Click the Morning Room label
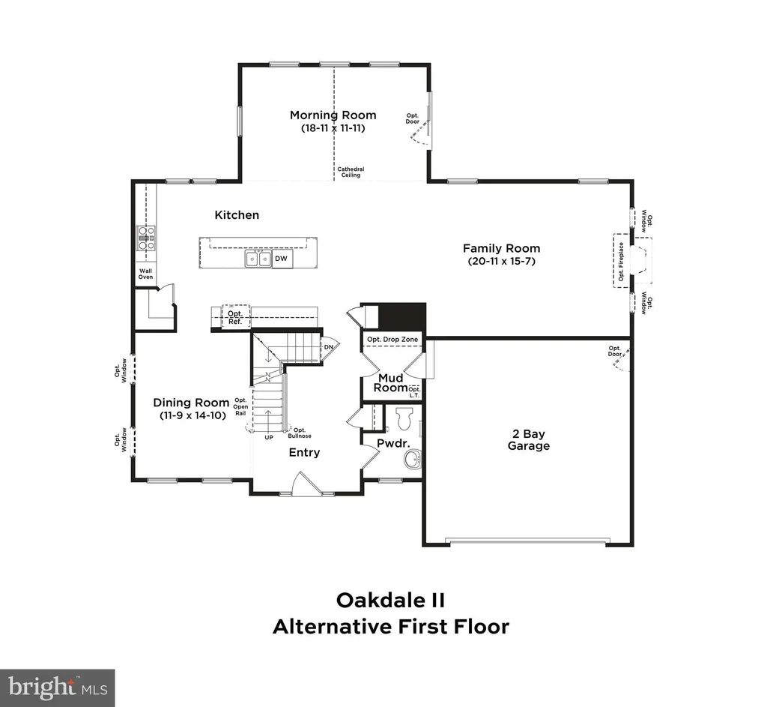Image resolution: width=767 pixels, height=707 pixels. point(333,115)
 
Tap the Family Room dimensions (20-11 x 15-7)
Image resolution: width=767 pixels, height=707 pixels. point(501,261)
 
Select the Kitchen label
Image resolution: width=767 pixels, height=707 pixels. point(237,215)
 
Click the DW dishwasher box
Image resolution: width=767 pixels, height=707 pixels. point(282,259)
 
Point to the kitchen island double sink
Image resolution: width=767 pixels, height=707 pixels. point(258,258)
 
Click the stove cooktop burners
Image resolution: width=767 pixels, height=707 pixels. point(146,238)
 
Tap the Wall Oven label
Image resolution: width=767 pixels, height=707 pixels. point(146,274)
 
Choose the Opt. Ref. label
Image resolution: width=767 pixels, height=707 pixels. point(235,317)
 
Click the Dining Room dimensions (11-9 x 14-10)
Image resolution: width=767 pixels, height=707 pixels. point(192,415)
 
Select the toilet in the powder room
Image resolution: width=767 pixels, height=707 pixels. point(404,418)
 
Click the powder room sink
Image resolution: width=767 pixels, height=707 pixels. point(412,460)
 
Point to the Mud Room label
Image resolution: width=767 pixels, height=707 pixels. point(391,383)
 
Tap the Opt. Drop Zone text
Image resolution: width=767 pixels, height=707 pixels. point(392,340)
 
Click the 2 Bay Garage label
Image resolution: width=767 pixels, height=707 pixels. point(529,439)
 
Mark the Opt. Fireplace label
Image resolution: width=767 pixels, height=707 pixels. point(621,262)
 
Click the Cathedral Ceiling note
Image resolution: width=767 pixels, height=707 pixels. point(351,172)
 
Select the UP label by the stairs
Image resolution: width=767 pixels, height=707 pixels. point(269,437)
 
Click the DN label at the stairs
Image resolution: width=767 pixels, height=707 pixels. point(329,347)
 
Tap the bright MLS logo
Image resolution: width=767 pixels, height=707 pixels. point(57,688)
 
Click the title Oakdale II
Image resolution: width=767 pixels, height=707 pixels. point(390,601)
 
